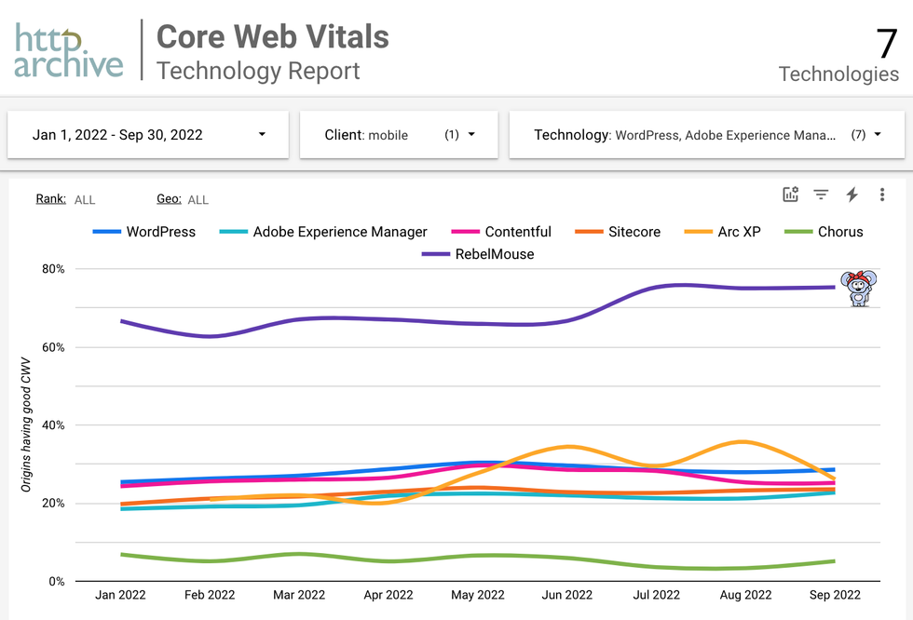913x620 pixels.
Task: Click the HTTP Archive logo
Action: [x=69, y=50]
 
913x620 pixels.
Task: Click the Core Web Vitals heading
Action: [x=272, y=36]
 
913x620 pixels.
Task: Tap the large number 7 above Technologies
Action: [x=886, y=43]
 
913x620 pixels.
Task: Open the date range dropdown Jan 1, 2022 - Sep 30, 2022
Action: [x=148, y=135]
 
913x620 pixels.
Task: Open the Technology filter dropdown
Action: [x=706, y=135]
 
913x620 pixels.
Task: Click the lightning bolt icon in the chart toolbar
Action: [x=852, y=195]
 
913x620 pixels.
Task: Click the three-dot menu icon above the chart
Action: [x=881, y=195]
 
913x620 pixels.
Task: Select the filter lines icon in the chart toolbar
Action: [x=821, y=195]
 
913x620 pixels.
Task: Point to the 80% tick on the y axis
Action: [x=53, y=269]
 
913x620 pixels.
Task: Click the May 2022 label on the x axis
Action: [x=477, y=595]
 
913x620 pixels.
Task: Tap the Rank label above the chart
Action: [x=50, y=198]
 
